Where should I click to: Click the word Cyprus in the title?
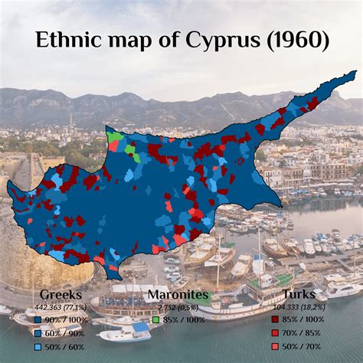[x=226, y=40]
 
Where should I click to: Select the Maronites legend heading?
[x=178, y=295]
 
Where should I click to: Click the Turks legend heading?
[x=299, y=295]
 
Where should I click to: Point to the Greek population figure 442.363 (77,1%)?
[x=59, y=306]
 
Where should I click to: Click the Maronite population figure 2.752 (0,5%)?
[x=178, y=306]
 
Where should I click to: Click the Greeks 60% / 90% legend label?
[x=65, y=332]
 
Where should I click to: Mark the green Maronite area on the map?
[x=115, y=139]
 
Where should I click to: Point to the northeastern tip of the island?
[x=355, y=74]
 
